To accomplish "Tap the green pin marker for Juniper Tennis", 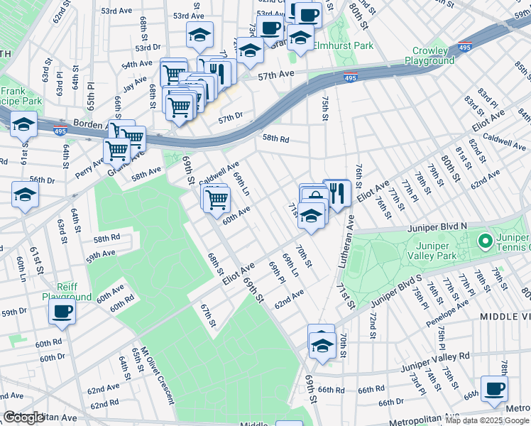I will [485, 242].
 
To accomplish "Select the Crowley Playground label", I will [429, 55].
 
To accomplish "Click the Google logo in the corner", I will [23, 417].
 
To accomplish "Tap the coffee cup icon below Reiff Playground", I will [62, 311].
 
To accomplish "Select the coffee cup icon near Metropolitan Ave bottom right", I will [494, 388].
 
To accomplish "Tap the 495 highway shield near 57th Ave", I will [350, 78].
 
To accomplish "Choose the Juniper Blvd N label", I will [437, 228].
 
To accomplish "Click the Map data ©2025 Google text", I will [486, 420].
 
